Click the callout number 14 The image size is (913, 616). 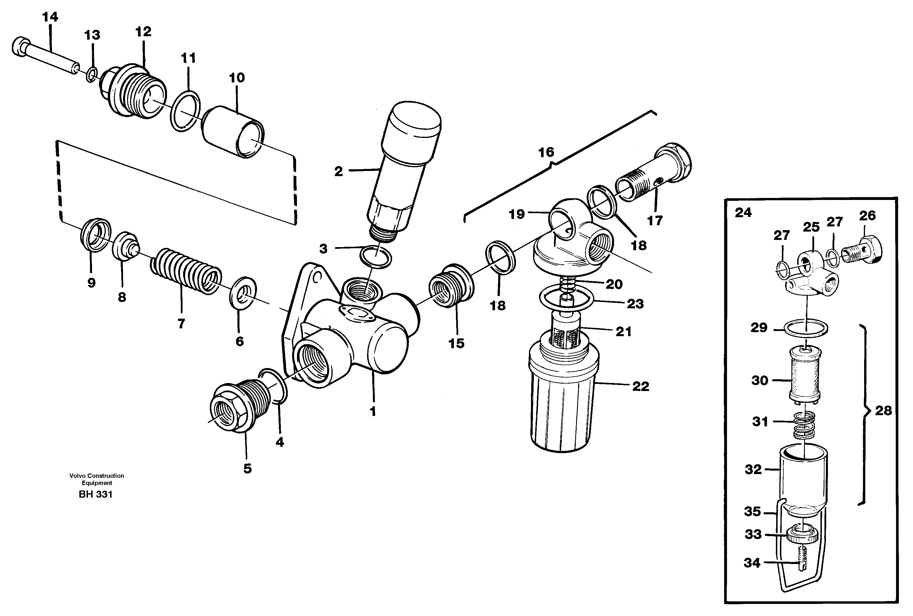(50, 17)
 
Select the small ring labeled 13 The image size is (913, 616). (91, 74)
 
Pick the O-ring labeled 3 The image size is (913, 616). (375, 257)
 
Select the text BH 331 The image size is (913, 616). (95, 494)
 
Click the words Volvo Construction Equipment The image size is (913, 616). (97, 479)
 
